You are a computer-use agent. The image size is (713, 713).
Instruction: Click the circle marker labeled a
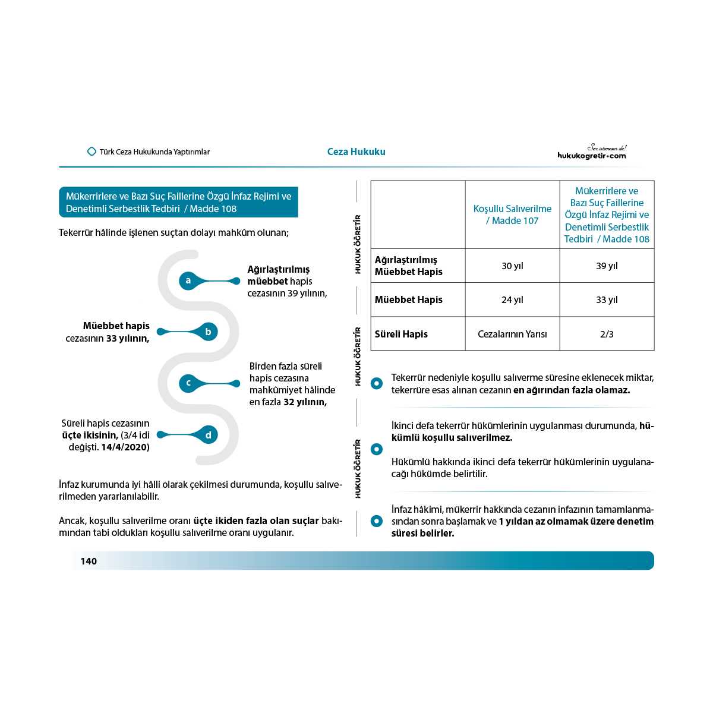pyautogui.click(x=188, y=280)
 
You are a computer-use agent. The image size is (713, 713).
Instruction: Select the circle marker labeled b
pyautogui.click(x=208, y=332)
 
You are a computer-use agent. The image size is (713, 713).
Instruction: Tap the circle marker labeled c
pyautogui.click(x=188, y=383)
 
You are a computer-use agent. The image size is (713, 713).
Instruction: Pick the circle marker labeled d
pyautogui.click(x=208, y=435)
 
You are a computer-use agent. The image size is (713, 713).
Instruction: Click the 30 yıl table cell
pyautogui.click(x=512, y=266)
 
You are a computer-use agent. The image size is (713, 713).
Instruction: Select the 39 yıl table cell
pyautogui.click(x=607, y=266)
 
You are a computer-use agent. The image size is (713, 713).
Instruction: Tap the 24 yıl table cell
pyautogui.click(x=512, y=299)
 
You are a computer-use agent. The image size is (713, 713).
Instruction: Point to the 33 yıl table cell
pyautogui.click(x=607, y=299)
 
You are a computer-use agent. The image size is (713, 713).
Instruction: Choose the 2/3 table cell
pyautogui.click(x=607, y=334)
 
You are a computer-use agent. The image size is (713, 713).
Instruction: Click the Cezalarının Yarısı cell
pyautogui.click(x=512, y=334)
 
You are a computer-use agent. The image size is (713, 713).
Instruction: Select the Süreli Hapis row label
pyautogui.click(x=401, y=334)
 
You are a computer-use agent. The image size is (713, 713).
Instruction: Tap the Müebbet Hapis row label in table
pyautogui.click(x=408, y=299)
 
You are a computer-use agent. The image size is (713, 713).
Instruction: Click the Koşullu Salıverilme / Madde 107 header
pyautogui.click(x=512, y=214)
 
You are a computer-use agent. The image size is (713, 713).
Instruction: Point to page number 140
pyautogui.click(x=89, y=561)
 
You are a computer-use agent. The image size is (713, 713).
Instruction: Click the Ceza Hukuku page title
pyautogui.click(x=356, y=152)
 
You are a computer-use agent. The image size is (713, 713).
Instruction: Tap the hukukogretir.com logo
pyautogui.click(x=592, y=153)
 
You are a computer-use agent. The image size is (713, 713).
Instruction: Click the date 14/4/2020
pyautogui.click(x=125, y=447)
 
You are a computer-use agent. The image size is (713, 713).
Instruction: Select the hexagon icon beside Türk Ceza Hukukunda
pyautogui.click(x=92, y=152)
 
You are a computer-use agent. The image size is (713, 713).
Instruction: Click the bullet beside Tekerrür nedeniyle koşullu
pyautogui.click(x=377, y=384)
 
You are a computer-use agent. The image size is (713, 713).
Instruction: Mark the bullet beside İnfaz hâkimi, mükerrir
pyautogui.click(x=377, y=521)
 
